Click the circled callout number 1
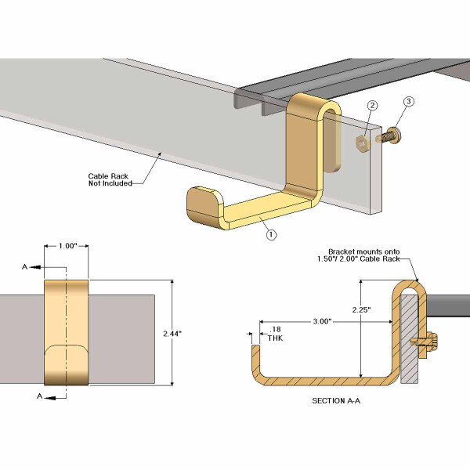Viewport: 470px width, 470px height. tap(270, 233)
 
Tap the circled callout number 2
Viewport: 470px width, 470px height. tap(373, 106)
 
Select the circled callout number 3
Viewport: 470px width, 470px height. tap(407, 101)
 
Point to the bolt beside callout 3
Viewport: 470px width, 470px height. tap(389, 136)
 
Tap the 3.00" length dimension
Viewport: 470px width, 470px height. tap(321, 321)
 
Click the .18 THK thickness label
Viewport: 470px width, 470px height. tap(274, 334)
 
